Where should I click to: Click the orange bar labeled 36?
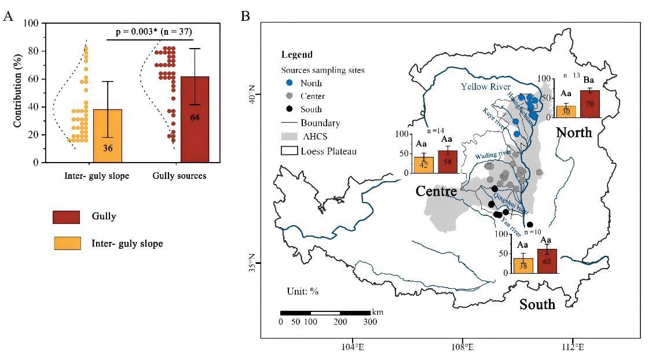(x=108, y=136)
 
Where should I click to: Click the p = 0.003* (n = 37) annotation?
(x=153, y=32)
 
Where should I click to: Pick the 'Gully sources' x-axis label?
(x=180, y=176)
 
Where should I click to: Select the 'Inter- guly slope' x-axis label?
(x=97, y=176)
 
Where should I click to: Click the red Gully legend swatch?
(x=67, y=217)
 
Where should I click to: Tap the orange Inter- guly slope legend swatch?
(x=67, y=244)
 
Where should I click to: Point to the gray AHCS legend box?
(x=290, y=137)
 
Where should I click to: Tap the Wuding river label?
(x=493, y=155)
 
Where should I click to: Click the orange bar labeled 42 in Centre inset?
(x=423, y=165)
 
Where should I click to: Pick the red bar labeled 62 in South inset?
(x=547, y=261)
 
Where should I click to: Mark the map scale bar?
(x=325, y=313)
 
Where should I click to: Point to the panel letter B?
(x=246, y=16)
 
